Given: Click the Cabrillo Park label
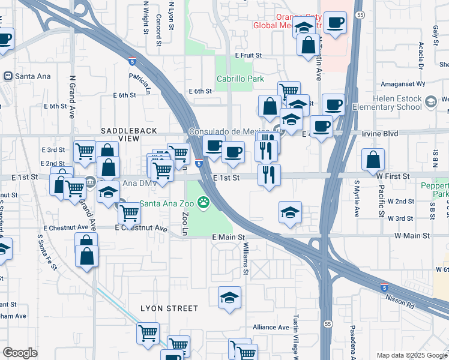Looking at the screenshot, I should [x=240, y=79].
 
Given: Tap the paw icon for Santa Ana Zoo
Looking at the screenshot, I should [x=204, y=202].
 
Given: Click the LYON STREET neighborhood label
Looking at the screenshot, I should [x=169, y=308].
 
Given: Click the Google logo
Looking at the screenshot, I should [x=20, y=353].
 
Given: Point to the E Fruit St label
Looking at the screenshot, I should [x=249, y=55].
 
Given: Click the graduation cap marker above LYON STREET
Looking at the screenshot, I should [x=229, y=298].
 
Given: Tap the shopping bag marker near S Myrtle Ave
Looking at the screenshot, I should [x=373, y=160].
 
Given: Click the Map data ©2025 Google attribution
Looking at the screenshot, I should [x=411, y=355].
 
